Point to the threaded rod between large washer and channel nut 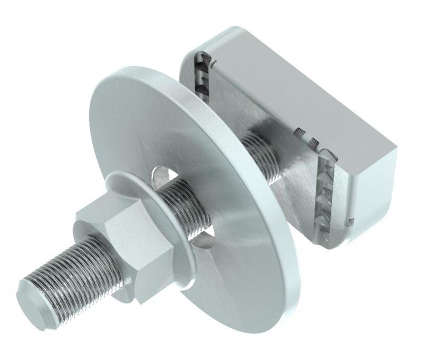261,153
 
